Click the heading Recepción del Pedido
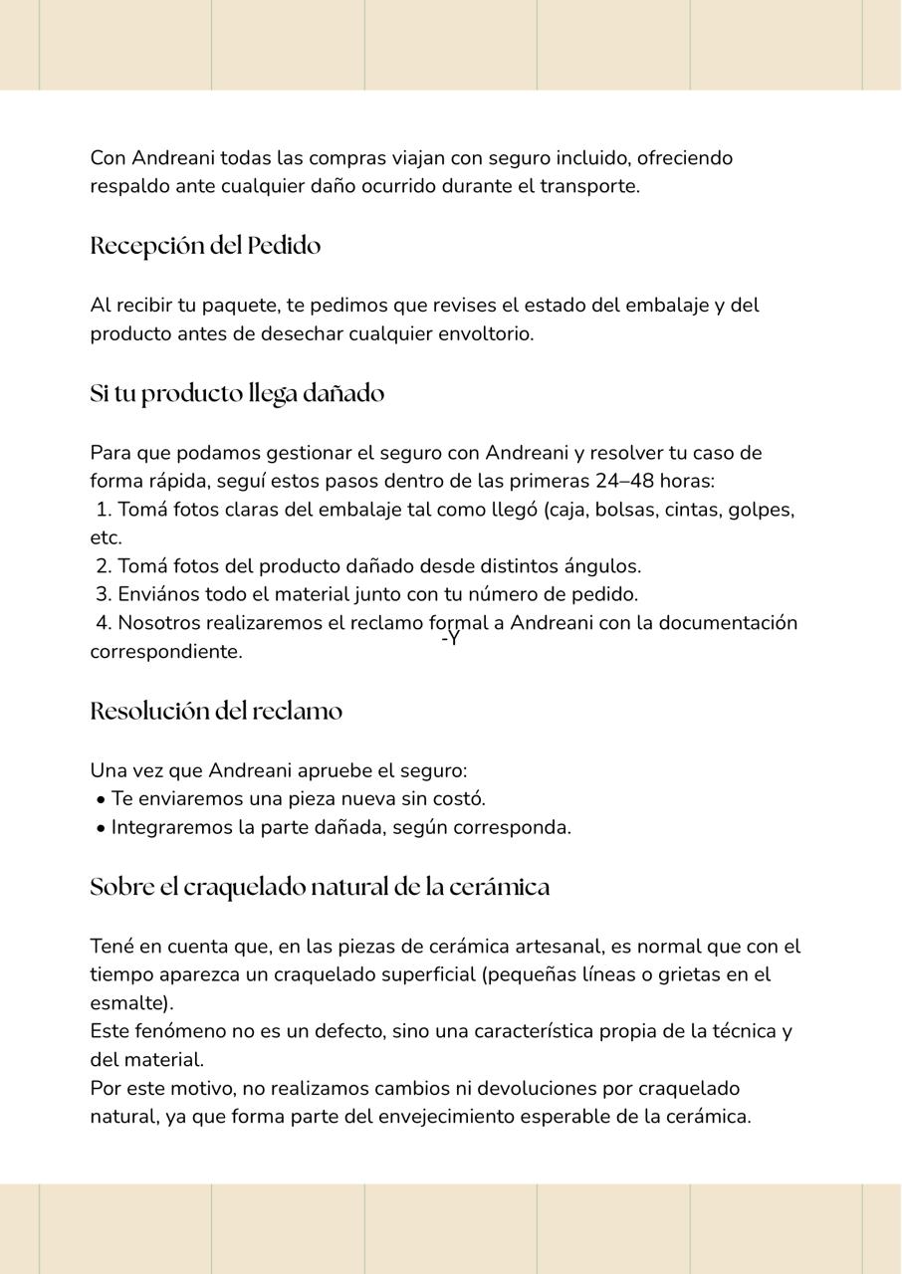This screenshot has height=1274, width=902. click(205, 246)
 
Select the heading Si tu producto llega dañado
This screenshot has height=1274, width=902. click(237, 394)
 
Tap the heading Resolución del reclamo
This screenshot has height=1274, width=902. click(216, 712)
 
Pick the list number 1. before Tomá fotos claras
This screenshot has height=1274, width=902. click(104, 511)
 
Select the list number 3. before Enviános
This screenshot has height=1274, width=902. click(104, 594)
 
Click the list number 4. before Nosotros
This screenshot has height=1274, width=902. click(104, 623)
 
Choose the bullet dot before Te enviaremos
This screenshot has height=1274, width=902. click(102, 800)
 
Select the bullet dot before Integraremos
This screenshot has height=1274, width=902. click(102, 828)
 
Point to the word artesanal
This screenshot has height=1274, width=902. click(543, 947)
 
